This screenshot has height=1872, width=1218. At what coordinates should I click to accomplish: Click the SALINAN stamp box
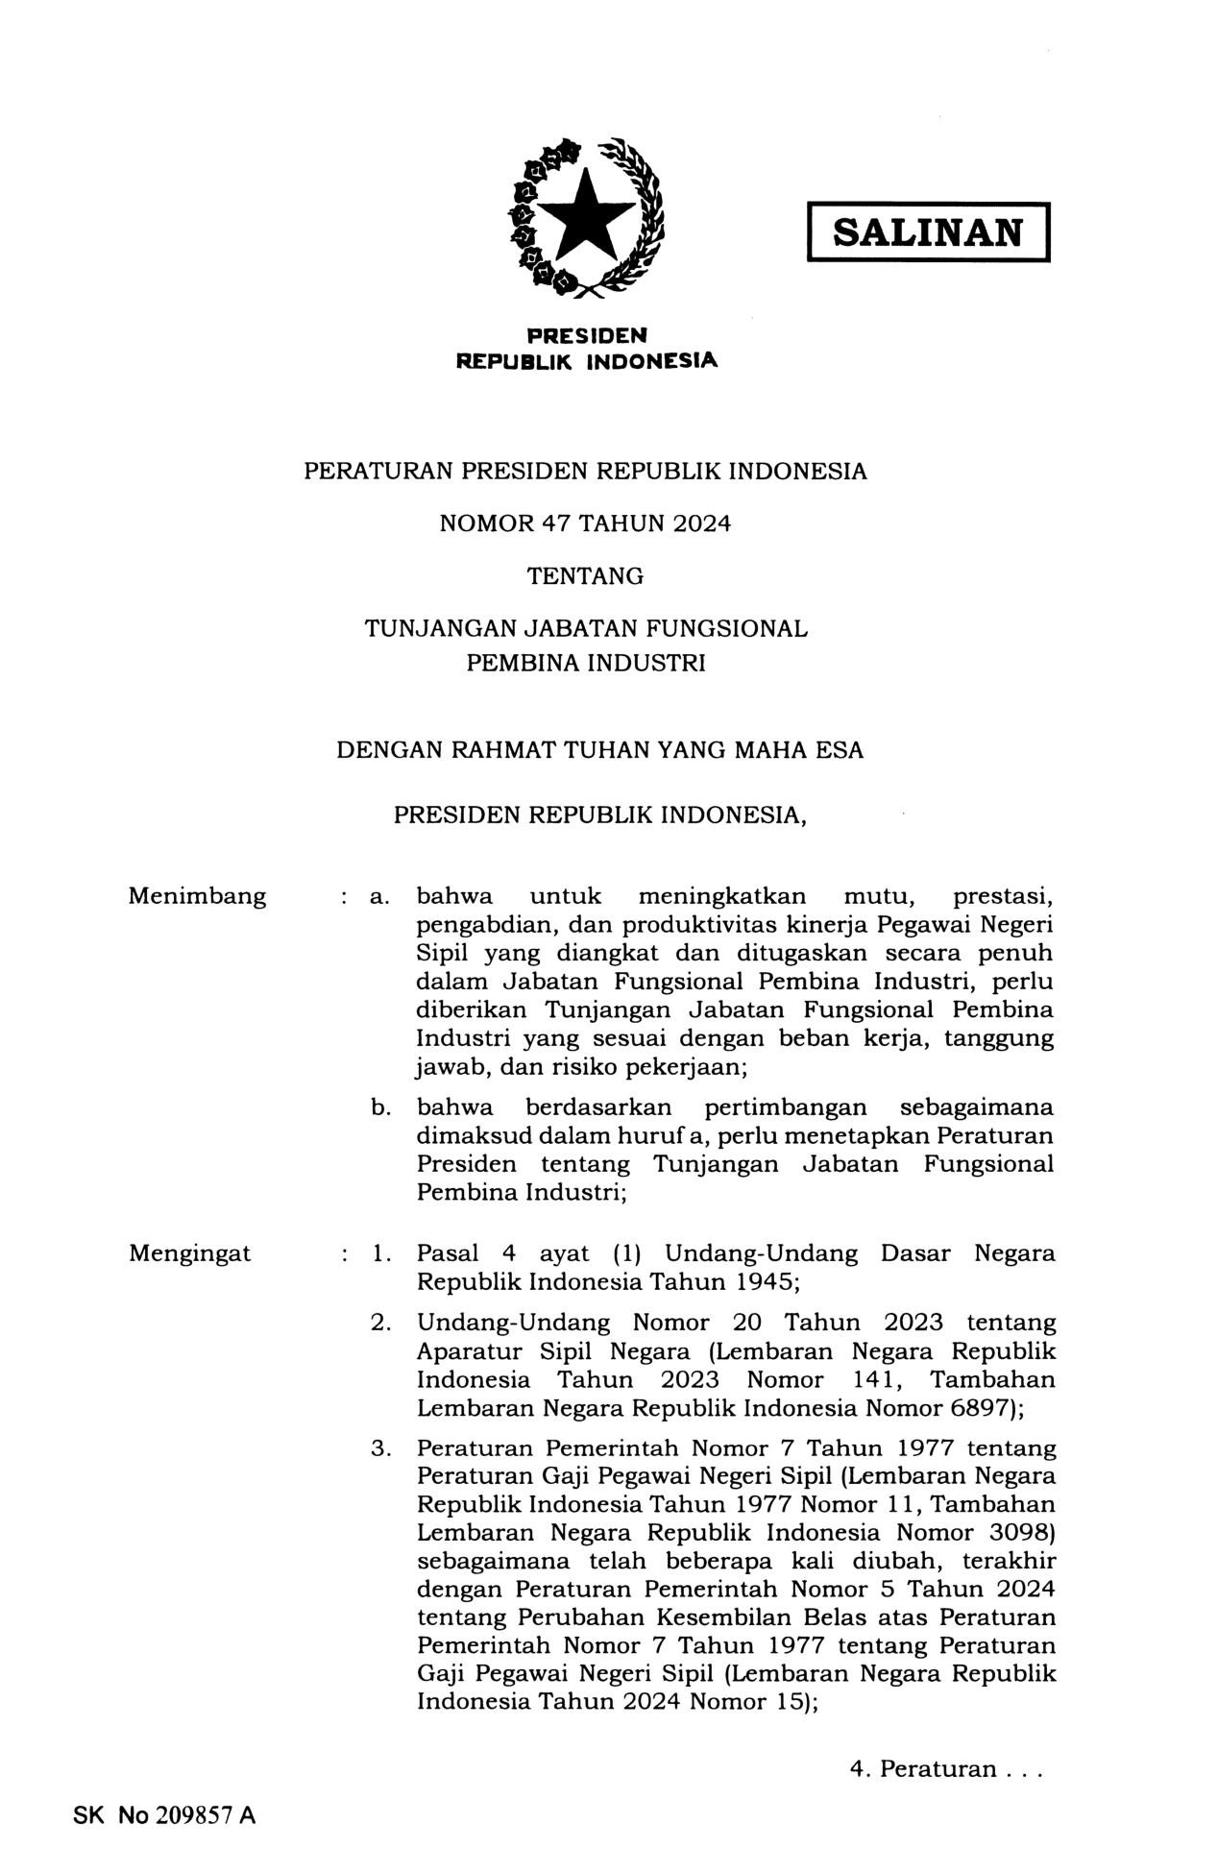click(x=927, y=231)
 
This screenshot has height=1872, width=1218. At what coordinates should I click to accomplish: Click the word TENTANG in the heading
click(x=585, y=576)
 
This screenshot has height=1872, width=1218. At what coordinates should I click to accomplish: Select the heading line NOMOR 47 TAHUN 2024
click(x=585, y=523)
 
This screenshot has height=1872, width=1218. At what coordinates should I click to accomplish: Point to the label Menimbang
click(x=197, y=896)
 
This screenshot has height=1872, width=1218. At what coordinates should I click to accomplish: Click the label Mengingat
click(x=189, y=1252)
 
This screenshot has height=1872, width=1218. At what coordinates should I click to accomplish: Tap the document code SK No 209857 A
click(x=164, y=1814)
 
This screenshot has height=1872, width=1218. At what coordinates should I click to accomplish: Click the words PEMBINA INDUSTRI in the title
click(x=585, y=663)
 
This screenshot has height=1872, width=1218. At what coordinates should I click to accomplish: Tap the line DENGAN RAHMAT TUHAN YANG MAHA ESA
click(x=599, y=749)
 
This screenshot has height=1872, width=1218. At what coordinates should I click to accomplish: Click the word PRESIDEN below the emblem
click(x=586, y=335)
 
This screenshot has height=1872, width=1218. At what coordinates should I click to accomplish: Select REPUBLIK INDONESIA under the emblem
click(x=586, y=361)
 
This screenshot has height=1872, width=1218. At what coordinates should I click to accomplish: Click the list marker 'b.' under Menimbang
click(x=380, y=1107)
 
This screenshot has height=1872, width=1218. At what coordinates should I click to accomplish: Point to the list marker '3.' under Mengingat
click(x=380, y=1447)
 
